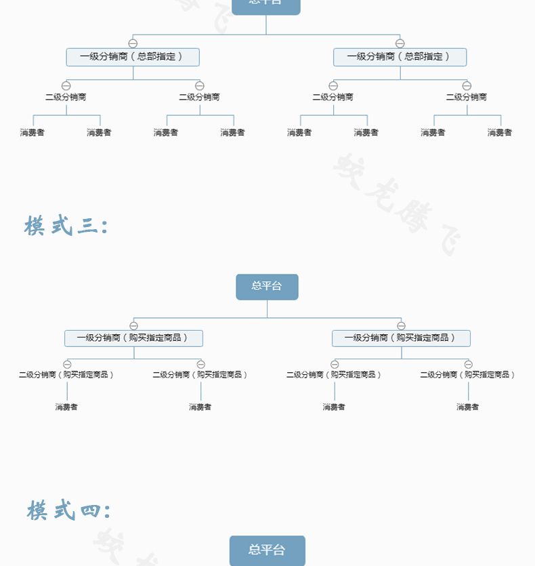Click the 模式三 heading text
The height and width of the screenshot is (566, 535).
[66, 226]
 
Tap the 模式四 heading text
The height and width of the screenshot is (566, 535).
[68, 510]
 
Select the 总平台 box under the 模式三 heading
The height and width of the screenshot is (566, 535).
[267, 286]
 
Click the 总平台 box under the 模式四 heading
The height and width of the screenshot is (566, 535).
[267, 550]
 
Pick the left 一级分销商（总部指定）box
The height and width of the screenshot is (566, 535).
[133, 57]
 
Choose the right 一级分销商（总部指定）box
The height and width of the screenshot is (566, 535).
[400, 57]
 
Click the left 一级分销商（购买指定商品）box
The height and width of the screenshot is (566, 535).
[133, 338]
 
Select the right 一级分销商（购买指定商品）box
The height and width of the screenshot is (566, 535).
[401, 338]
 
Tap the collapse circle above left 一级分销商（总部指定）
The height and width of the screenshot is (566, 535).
[133, 43]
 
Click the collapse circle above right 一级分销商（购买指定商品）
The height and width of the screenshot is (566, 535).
[401, 325]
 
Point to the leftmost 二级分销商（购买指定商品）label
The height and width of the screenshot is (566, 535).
[66, 374]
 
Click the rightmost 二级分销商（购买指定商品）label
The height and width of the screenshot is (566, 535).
[467, 374]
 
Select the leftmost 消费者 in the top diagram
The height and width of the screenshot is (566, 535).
[33, 132]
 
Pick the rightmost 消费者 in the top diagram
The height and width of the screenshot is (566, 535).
[500, 132]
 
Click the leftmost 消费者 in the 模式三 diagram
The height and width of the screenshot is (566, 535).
[66, 407]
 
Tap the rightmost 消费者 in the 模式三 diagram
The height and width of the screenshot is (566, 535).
[467, 407]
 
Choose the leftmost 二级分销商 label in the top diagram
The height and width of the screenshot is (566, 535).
[66, 97]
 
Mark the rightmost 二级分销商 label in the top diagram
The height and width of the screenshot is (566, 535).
[466, 97]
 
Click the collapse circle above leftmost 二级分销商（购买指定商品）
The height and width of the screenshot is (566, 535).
[67, 364]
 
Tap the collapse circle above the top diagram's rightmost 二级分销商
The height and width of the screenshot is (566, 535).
[467, 85]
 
